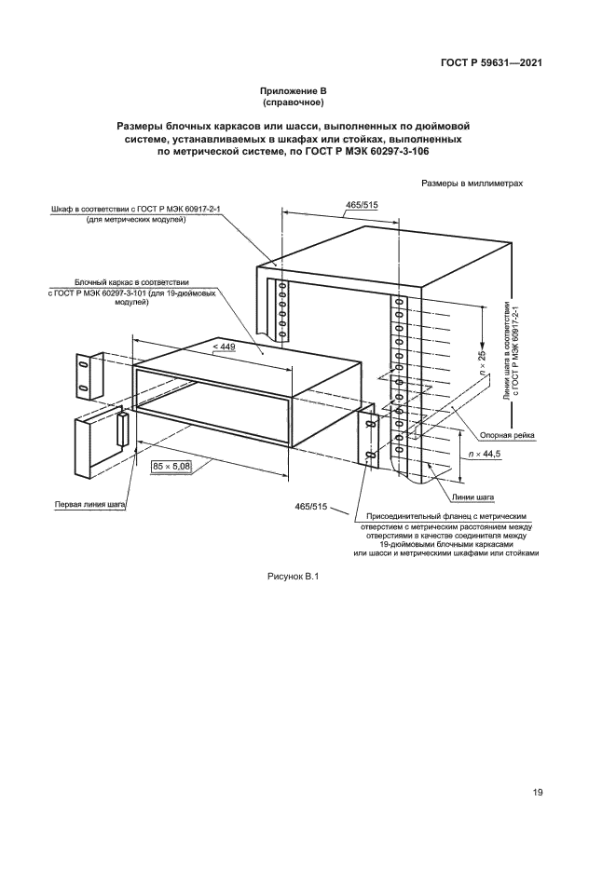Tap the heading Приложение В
click(x=294, y=90)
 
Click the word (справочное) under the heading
click(x=294, y=102)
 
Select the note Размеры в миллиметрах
click(x=472, y=184)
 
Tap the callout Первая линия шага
click(x=89, y=506)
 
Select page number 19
click(x=539, y=793)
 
